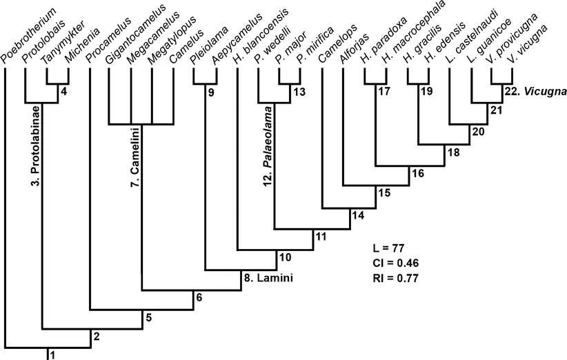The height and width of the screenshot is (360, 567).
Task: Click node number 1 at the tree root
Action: [52, 354]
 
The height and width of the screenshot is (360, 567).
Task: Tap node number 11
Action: [320, 236]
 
